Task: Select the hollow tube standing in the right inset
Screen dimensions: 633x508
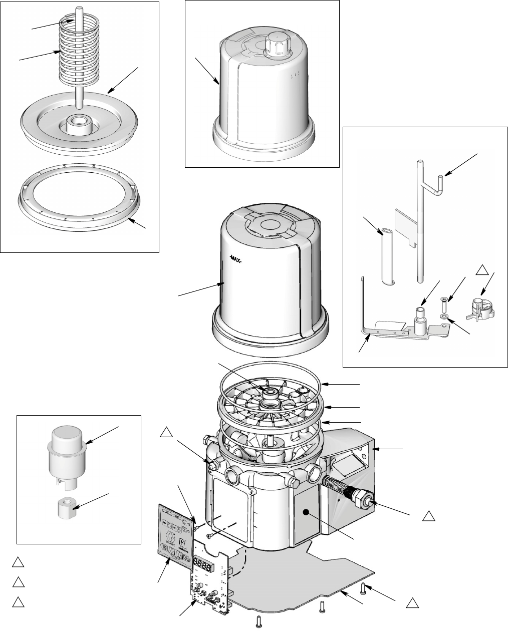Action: (x=388, y=255)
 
